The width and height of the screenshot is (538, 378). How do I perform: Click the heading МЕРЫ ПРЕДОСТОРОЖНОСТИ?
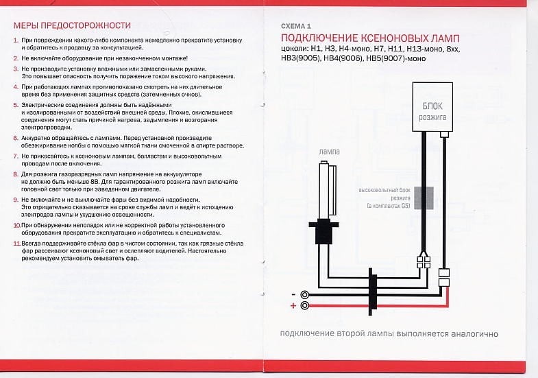(x=72, y=26)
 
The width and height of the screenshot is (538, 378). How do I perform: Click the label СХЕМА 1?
(x=296, y=25)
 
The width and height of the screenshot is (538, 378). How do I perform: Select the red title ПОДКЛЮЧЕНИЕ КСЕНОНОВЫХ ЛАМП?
(x=370, y=38)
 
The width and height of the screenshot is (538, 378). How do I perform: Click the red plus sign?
(x=294, y=306)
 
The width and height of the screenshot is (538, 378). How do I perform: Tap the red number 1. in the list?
(x=16, y=42)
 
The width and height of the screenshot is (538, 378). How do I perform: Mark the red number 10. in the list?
(x=17, y=225)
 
